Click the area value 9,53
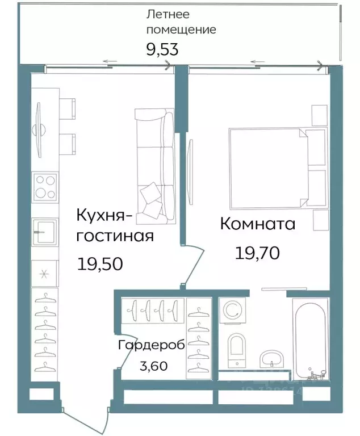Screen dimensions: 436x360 (x=162, y=49)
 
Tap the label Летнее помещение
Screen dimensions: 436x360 (x=181, y=22)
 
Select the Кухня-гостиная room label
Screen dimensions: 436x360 (x=116, y=225)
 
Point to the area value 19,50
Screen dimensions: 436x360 (x=100, y=263)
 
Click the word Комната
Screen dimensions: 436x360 (x=257, y=224)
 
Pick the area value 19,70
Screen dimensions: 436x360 (x=257, y=253)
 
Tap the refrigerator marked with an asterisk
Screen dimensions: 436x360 (x=44, y=273)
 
